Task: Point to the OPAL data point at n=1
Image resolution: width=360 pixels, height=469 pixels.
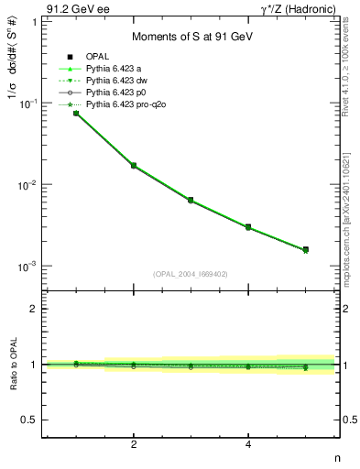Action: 76,113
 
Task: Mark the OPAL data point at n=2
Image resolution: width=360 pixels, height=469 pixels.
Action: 134,166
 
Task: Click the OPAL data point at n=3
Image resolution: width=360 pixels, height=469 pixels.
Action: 191,200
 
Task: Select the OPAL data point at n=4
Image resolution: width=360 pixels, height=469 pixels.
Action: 248,226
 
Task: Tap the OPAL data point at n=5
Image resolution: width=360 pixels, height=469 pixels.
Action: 305,249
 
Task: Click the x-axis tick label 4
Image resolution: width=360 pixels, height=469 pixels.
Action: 248,444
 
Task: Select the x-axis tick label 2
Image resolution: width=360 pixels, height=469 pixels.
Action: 134,444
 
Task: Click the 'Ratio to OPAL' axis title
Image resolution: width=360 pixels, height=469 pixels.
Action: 12,365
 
